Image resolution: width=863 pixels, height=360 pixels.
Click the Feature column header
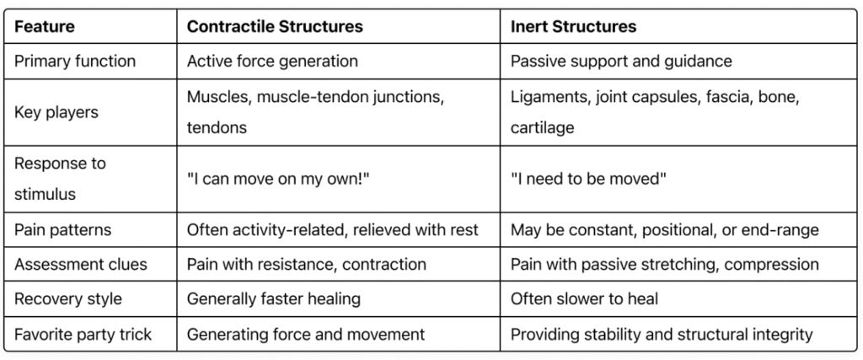click(x=45, y=26)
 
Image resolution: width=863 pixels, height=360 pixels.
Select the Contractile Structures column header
click(x=275, y=26)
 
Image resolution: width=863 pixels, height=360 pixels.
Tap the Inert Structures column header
click(x=573, y=26)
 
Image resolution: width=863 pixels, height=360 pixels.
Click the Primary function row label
click(x=75, y=61)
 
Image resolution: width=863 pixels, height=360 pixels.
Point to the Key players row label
click(x=56, y=112)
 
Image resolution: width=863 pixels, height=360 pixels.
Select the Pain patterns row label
click(x=62, y=229)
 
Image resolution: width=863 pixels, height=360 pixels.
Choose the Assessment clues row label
click(x=81, y=264)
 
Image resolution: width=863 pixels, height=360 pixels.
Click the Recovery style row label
click(x=68, y=299)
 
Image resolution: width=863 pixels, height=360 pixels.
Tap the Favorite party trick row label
click(x=83, y=334)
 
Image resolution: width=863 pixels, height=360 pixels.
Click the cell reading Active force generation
click(x=272, y=61)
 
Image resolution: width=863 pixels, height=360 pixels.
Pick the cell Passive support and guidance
click(x=621, y=61)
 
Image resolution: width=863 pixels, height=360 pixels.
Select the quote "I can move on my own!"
click(x=278, y=179)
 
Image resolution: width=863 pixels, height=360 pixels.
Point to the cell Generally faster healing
click(x=274, y=299)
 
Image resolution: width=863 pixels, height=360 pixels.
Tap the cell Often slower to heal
click(x=584, y=299)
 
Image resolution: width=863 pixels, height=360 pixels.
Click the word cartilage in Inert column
click(x=542, y=127)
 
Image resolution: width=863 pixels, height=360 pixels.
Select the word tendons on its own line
click(x=217, y=127)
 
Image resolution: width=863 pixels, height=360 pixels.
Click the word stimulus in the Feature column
click(x=46, y=194)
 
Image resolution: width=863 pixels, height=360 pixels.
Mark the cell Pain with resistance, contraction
click(x=307, y=264)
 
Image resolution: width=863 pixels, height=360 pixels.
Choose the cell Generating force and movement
click(x=306, y=334)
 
